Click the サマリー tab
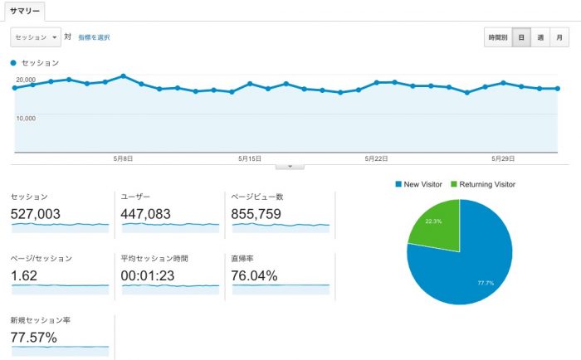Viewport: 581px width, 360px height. [23, 11]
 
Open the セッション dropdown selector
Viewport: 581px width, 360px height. [36, 37]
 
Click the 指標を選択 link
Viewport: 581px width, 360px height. [94, 37]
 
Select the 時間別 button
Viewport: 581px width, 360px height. [498, 37]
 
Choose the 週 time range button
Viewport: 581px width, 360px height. [540, 37]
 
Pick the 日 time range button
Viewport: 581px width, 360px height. [521, 37]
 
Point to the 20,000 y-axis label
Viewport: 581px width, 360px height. [25, 80]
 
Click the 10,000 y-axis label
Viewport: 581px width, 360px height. [25, 118]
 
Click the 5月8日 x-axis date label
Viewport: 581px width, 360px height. [123, 158]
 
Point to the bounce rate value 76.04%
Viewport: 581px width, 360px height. [255, 275]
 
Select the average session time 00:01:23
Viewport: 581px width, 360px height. [152, 275]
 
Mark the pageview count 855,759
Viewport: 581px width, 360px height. [257, 214]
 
